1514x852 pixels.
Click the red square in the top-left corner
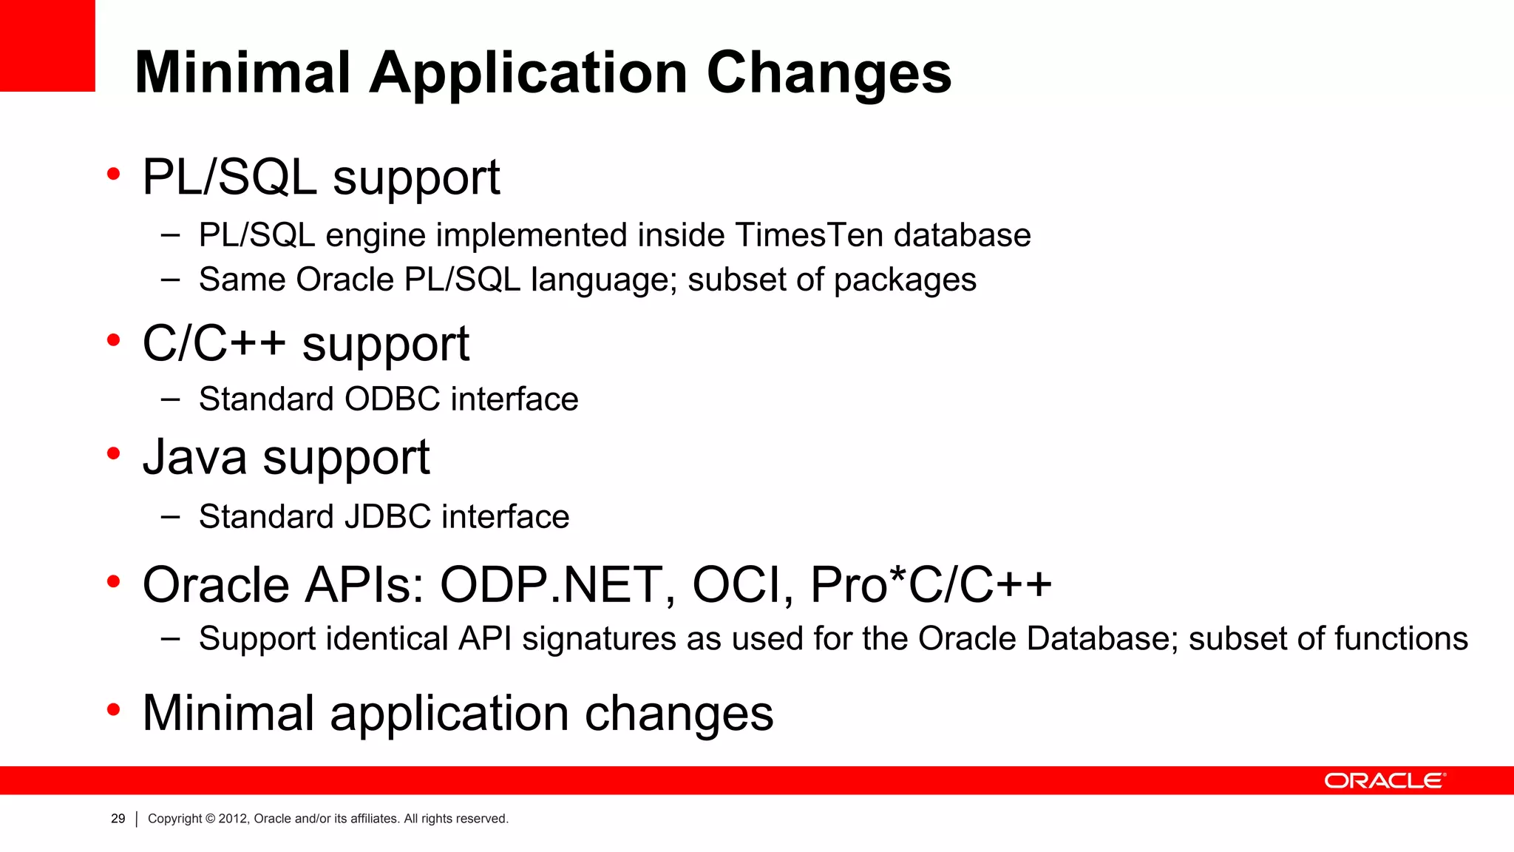(47, 45)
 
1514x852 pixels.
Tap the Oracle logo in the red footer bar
(1384, 781)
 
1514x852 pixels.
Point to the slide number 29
(118, 819)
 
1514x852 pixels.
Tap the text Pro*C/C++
(930, 585)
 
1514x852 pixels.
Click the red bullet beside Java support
(113, 453)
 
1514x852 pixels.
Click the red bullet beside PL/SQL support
(113, 175)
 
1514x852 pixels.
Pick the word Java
(194, 457)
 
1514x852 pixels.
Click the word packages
(905, 280)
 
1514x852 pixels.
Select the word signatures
(599, 639)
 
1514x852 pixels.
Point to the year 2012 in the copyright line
(233, 819)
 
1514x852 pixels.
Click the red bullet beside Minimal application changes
(113, 710)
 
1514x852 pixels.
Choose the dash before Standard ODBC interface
(171, 399)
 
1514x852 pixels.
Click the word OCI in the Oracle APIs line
(741, 585)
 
